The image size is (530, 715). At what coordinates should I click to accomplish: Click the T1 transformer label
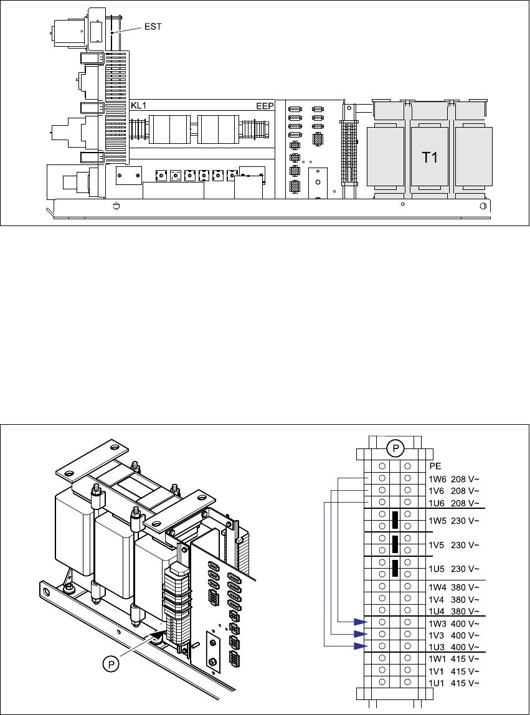[430, 158]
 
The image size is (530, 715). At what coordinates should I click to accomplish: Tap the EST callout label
[153, 27]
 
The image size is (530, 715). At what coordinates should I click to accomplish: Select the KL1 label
[139, 106]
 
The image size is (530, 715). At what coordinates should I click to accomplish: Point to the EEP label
[265, 107]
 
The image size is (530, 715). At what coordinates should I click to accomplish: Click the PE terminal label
[435, 466]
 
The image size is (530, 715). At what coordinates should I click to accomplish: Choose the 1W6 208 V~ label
[454, 479]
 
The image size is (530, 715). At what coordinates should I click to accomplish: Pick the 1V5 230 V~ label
[454, 545]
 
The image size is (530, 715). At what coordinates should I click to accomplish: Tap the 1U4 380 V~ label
[454, 612]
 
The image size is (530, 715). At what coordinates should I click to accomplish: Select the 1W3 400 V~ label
[454, 623]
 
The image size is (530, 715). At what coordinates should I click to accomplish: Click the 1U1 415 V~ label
[454, 683]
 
